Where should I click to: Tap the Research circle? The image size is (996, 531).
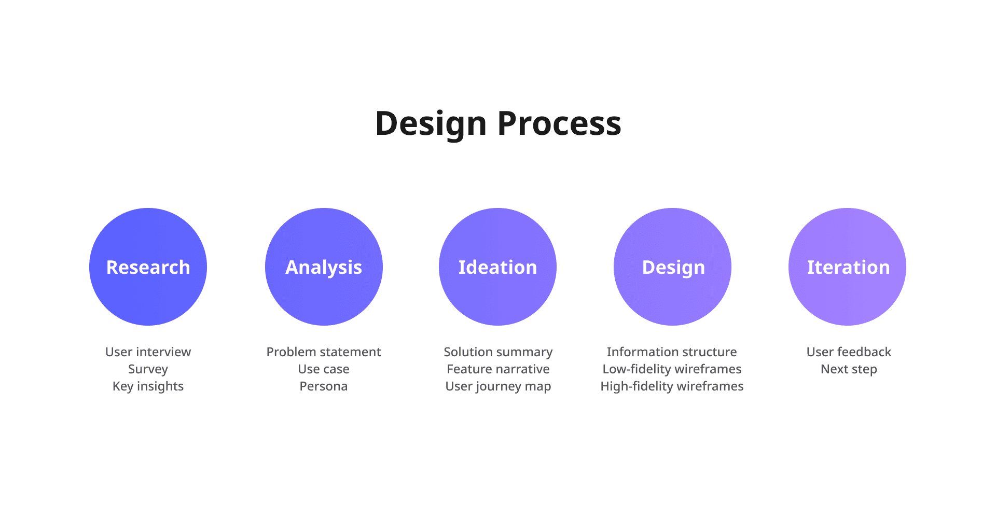(x=148, y=267)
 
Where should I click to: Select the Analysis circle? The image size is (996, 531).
(x=324, y=267)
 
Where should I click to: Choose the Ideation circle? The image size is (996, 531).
(x=497, y=267)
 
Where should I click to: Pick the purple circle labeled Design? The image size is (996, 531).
(x=672, y=267)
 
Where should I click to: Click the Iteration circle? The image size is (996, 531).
(x=847, y=267)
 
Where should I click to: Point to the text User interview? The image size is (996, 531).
(x=148, y=352)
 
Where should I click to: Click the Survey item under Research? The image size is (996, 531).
(x=148, y=369)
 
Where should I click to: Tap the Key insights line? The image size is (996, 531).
(x=148, y=386)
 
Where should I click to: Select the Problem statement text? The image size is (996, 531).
(x=324, y=352)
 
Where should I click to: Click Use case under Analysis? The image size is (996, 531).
(x=324, y=369)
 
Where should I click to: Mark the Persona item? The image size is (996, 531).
(x=324, y=386)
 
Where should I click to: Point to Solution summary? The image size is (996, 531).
(x=498, y=352)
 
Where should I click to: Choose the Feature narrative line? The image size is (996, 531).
(x=498, y=369)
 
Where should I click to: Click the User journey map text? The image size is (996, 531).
(x=498, y=386)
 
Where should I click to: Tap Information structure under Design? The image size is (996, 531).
(x=672, y=352)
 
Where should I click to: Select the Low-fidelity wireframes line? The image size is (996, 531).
(x=672, y=369)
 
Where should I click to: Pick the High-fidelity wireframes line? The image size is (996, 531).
(x=672, y=386)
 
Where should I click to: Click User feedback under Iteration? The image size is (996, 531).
(x=849, y=352)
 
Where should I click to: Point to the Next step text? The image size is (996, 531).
(x=849, y=369)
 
